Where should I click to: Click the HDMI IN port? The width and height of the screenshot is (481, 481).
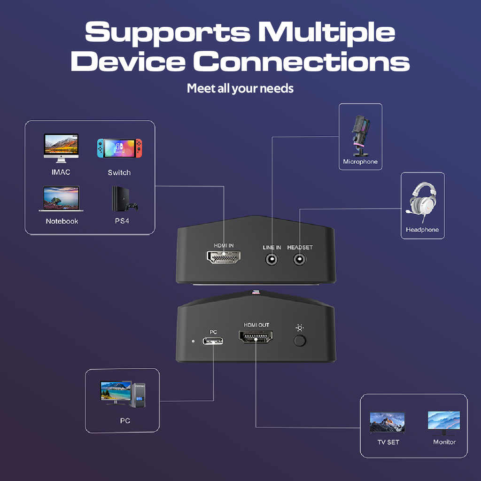click(x=224, y=257)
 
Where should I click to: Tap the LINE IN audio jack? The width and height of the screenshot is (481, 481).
click(x=272, y=259)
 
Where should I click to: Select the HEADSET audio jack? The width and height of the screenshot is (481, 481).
click(x=300, y=259)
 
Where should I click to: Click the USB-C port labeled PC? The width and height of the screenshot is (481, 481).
click(x=213, y=341)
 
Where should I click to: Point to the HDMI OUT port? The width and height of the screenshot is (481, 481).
click(x=256, y=337)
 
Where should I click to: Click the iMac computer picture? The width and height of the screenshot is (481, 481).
click(x=61, y=147)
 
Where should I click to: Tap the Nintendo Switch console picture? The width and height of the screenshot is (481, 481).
click(x=119, y=148)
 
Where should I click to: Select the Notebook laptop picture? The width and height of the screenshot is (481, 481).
click(x=62, y=199)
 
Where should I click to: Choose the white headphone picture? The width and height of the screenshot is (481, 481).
click(x=422, y=200)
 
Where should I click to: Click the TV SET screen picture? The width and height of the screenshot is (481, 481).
click(x=388, y=422)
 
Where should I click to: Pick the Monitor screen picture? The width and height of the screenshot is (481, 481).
click(x=444, y=422)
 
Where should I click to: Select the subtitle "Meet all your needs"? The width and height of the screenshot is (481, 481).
click(x=240, y=88)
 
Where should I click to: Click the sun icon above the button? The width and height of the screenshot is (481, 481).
click(x=300, y=327)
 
